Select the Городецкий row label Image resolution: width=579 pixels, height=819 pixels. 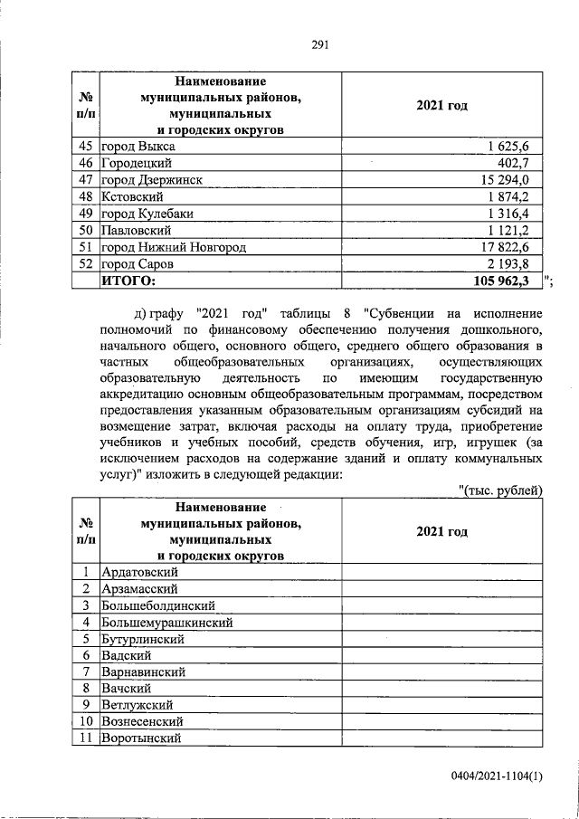[136, 164]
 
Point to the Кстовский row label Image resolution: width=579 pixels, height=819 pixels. [131, 197]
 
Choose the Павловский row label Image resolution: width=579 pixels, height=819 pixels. [136, 231]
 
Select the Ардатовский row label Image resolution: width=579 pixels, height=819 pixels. [140, 572]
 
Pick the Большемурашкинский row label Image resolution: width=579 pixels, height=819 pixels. [167, 623]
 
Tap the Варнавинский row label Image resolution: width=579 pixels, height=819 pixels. [144, 672]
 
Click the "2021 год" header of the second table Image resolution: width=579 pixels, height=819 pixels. [441, 532]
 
